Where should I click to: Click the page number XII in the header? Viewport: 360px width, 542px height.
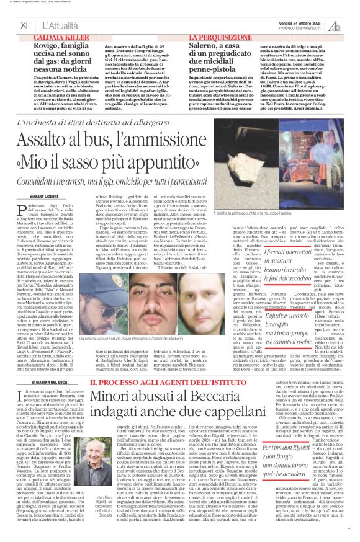[25, 24]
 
